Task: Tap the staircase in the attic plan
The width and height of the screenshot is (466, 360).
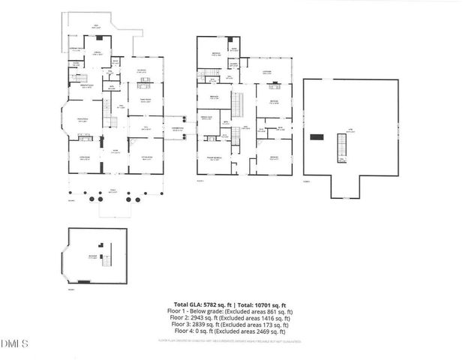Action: (341, 151)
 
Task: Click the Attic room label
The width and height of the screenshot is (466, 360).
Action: (349, 130)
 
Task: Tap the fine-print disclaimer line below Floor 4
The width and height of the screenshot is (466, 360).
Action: (233, 340)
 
